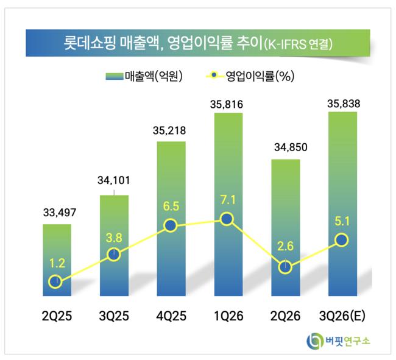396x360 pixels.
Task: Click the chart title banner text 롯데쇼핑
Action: pos(90,43)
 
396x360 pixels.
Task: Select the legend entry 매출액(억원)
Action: pos(144,76)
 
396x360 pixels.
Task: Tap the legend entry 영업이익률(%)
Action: pos(250,76)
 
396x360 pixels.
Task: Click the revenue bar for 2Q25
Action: pos(57,260)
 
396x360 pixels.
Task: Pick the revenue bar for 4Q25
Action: pos(171,219)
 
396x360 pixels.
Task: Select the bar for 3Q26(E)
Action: pos(343,204)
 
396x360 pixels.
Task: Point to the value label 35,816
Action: pos(227,105)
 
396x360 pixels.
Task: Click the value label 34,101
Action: pos(114,180)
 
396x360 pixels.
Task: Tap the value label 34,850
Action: pos(291,147)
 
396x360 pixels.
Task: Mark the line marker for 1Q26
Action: pos(227,219)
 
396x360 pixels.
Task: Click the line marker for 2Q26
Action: pos(285,267)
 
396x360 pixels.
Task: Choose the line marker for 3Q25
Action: pos(114,254)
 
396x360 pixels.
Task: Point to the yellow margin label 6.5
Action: pos(171,206)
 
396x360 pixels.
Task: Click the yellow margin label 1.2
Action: pos(57,263)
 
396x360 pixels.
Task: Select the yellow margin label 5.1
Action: pos(342,221)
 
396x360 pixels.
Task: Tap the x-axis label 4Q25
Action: pos(171,316)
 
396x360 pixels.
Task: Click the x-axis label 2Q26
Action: pos(285,316)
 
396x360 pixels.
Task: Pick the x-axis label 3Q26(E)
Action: pos(342,316)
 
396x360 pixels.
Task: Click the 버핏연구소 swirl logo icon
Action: pos(315,341)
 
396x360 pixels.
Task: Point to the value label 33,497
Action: pos(60,213)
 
